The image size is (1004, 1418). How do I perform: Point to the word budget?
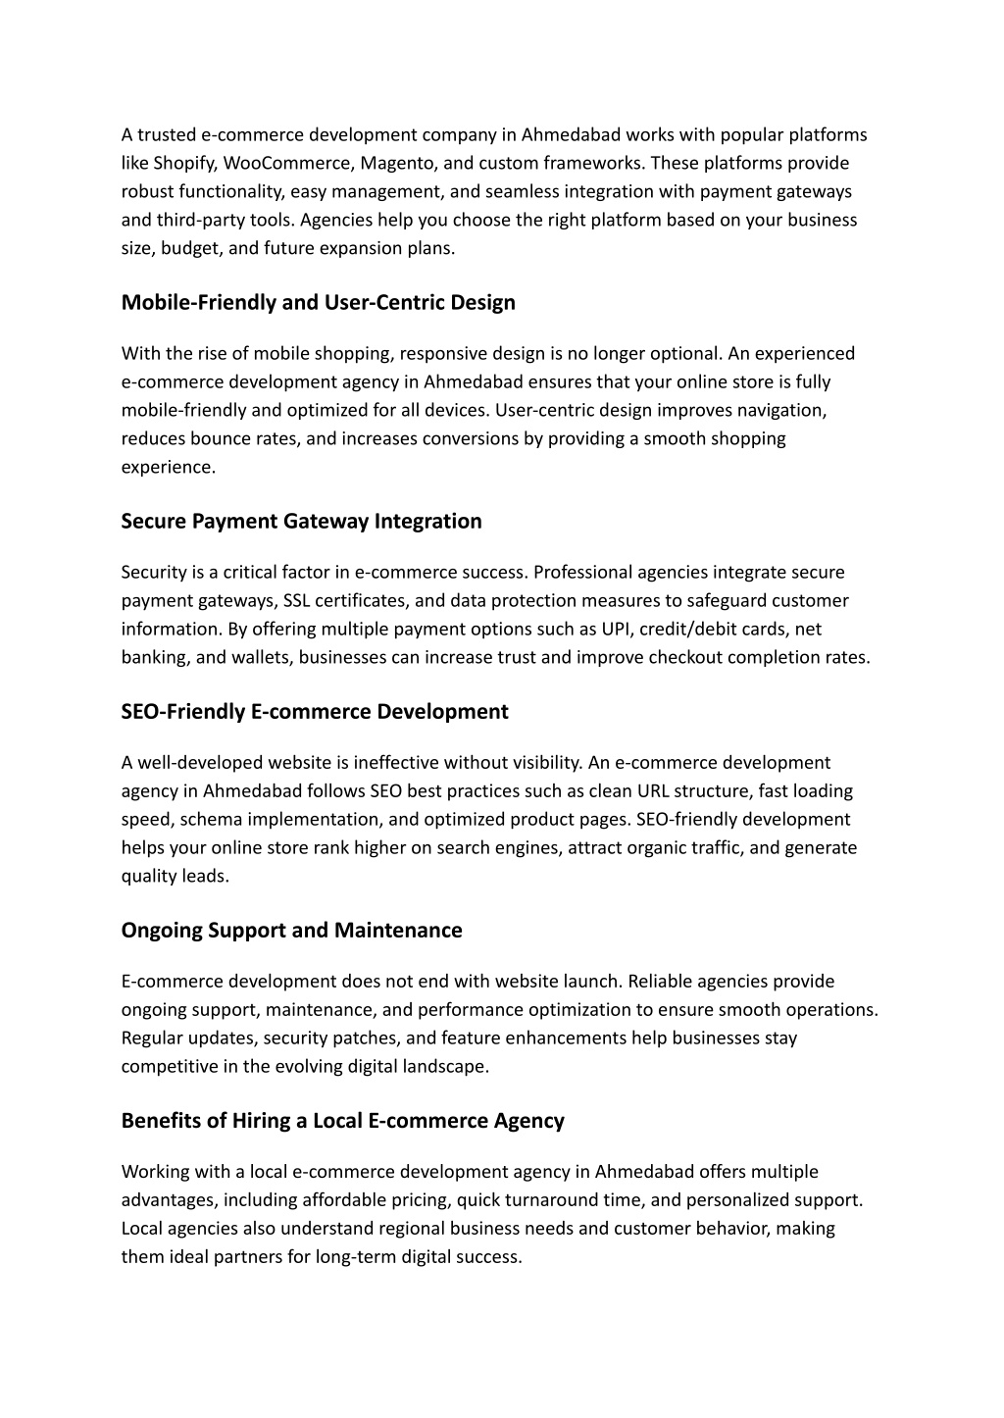[188, 248]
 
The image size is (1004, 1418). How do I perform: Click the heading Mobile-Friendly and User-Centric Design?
[318, 303]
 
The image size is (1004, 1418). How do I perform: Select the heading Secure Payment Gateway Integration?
[301, 522]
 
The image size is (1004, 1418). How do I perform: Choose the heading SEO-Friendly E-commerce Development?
[315, 712]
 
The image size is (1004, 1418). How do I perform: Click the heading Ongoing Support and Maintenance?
[291, 931]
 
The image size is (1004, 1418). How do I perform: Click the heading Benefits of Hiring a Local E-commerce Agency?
[342, 1121]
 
